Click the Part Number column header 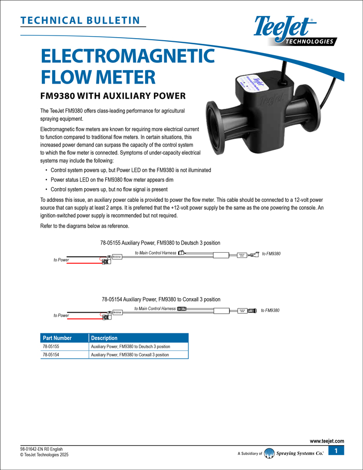(x=57, y=338)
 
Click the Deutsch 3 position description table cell (x=131, y=346)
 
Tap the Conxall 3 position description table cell (x=130, y=354)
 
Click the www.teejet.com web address (x=327, y=441)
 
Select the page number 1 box (x=336, y=452)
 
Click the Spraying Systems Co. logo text (x=300, y=453)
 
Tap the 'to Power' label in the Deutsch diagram (x=61, y=260)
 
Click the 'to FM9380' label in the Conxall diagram (x=270, y=310)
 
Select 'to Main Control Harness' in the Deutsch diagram (x=155, y=253)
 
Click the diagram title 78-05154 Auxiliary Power (x=161, y=299)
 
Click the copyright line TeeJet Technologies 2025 (x=44, y=455)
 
